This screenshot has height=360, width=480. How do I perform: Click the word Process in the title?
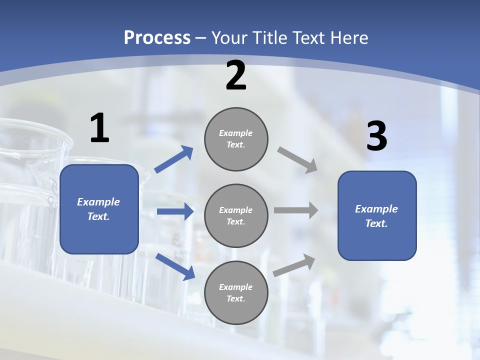coord(157,37)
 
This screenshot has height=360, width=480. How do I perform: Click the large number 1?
coord(99,128)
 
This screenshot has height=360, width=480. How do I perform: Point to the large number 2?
coord(236,75)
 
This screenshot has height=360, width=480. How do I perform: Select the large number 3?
coord(376,136)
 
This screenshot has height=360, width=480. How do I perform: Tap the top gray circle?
coord(236,139)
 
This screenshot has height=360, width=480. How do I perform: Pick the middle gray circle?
coord(236,216)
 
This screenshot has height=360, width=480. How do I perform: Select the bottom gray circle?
coord(236,293)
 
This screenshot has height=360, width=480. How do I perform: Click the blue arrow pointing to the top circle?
coord(174,159)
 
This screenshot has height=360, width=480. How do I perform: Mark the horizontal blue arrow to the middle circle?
coord(175,211)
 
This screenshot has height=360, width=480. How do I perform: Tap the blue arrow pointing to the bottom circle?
coord(175,266)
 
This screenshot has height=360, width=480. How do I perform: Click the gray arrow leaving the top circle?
coord(297,160)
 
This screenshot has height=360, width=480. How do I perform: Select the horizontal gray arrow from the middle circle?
coord(295,210)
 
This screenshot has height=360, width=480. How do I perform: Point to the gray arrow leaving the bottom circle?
coord(294,265)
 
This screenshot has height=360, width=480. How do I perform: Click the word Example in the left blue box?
coord(98,202)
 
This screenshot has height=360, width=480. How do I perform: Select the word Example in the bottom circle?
coord(235,287)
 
